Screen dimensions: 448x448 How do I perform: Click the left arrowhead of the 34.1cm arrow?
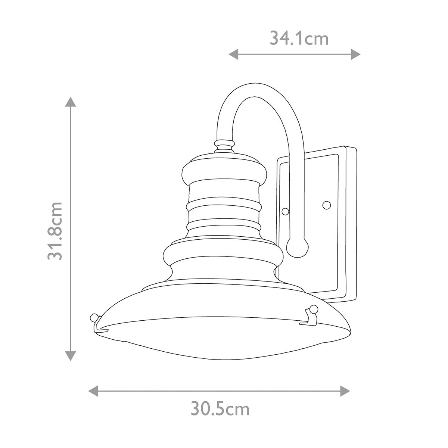233,55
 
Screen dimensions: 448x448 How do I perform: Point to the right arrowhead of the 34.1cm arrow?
355,55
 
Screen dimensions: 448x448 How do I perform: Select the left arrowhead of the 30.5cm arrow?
93,391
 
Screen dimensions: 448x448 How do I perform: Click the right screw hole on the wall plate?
326,205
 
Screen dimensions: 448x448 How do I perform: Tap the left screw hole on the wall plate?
285,211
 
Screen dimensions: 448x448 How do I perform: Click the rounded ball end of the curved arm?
297,247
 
